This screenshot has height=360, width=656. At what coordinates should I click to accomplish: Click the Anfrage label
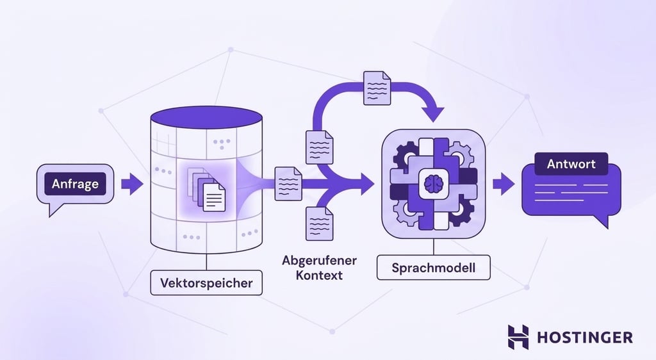(76, 184)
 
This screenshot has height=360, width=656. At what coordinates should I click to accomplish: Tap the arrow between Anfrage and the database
(132, 184)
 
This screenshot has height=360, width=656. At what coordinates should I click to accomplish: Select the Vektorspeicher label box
(206, 282)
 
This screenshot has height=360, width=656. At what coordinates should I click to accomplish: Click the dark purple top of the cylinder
(206, 117)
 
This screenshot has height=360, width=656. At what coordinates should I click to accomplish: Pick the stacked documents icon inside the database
(206, 189)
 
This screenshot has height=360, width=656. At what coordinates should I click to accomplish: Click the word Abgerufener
(319, 260)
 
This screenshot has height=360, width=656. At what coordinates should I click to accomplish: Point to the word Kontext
(319, 275)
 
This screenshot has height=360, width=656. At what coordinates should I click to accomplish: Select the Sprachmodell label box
(434, 268)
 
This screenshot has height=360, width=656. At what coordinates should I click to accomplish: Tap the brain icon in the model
(434, 184)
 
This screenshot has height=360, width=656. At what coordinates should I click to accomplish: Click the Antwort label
(571, 163)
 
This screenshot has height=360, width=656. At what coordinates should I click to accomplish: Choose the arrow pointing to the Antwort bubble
(504, 184)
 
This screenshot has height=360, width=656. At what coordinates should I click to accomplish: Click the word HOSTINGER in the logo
(585, 337)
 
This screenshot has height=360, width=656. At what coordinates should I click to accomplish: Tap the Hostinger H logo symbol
(518, 337)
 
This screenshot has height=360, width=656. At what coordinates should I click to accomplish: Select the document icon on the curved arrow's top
(377, 88)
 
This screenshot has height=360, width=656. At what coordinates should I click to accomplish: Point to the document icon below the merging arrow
(320, 224)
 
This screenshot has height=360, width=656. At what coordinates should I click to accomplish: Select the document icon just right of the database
(288, 184)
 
